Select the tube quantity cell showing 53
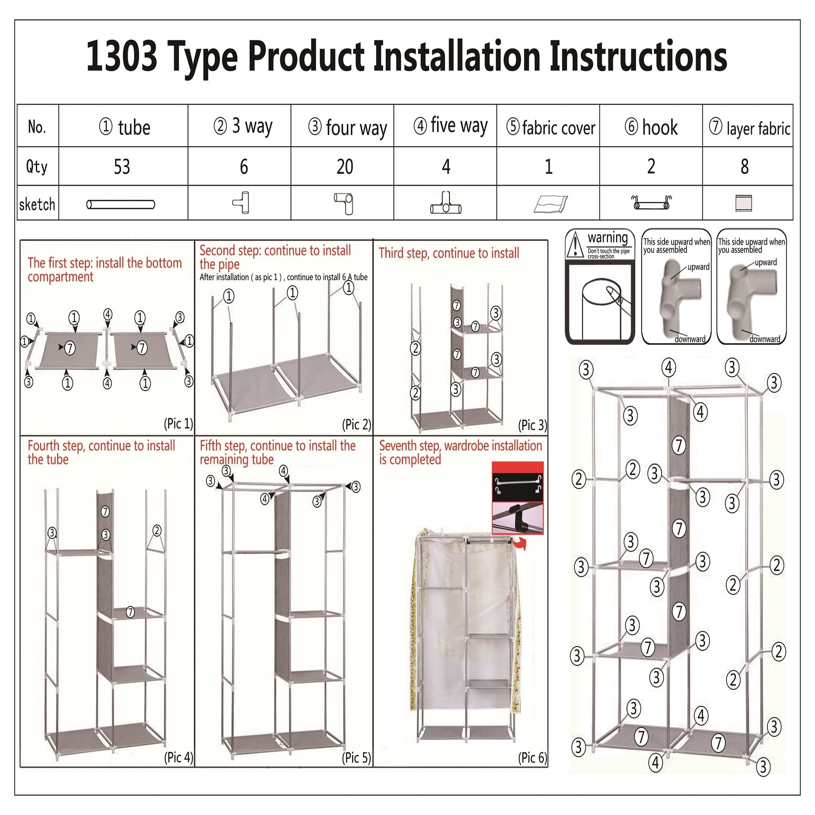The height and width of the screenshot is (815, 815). pos(122,167)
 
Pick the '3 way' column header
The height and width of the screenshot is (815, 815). pos(243,126)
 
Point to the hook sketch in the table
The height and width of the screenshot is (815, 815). pos(652,202)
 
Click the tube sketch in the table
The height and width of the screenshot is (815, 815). pos(121,205)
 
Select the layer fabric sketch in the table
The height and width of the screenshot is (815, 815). pos(744,203)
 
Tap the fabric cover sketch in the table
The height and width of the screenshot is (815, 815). pos(551,204)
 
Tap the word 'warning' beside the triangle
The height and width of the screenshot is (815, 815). pos(608,238)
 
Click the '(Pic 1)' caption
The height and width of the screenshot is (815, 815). pos(178,423)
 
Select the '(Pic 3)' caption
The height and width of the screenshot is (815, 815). pos(532,425)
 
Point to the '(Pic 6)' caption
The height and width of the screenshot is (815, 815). pos(532,757)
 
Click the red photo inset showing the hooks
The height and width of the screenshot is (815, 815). pos(518,498)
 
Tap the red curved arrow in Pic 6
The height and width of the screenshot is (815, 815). pos(521,544)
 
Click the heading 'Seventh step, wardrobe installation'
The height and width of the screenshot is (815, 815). pos(460,446)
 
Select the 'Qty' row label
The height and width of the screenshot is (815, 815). pos(37,167)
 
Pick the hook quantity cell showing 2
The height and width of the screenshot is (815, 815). pos(651,167)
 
